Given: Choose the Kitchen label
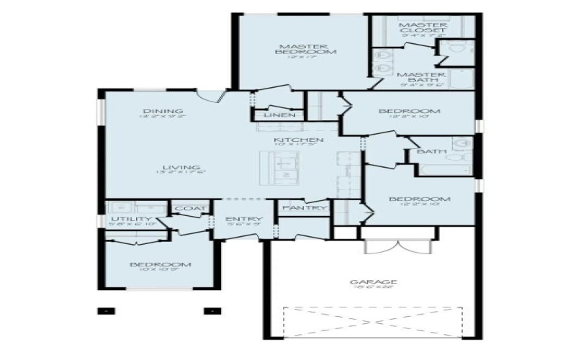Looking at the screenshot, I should click(x=298, y=140).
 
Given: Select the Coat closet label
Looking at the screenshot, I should click(x=191, y=209).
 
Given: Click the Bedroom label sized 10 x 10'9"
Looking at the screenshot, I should click(x=160, y=265).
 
